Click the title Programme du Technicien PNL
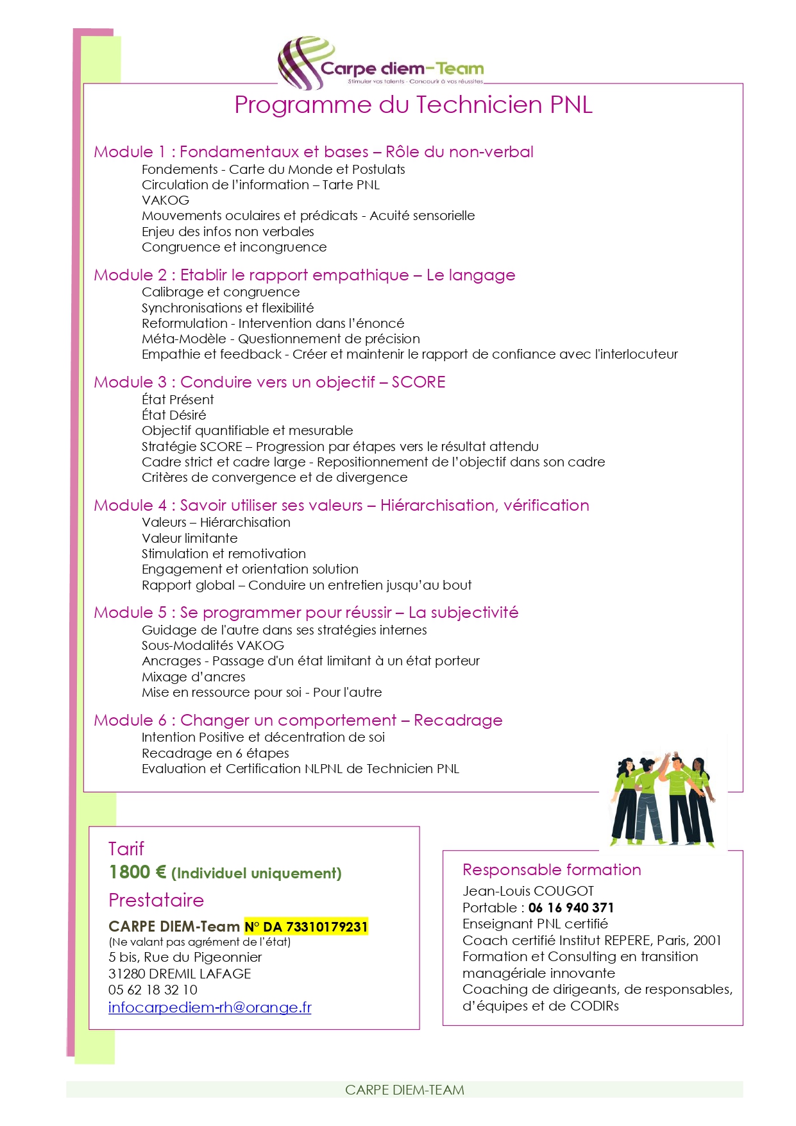coord(413,105)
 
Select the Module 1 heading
coord(313,152)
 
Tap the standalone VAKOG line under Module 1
coord(165,200)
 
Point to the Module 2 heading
coord(304,275)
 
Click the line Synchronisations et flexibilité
coord(228,308)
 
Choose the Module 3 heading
coord(269,382)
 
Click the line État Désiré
coord(174,415)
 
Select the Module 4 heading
coord(341,506)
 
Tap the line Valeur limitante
coord(189,538)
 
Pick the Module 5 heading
coord(306,613)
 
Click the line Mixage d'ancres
coord(193,677)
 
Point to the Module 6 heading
coord(298,721)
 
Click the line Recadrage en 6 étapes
coord(215,753)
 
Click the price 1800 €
coord(137,873)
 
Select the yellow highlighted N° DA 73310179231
coord(306,926)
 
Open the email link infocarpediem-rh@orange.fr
coord(210,1007)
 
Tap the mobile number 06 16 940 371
coord(571,908)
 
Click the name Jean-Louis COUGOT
coord(528,891)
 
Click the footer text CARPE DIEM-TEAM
coord(404,1089)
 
